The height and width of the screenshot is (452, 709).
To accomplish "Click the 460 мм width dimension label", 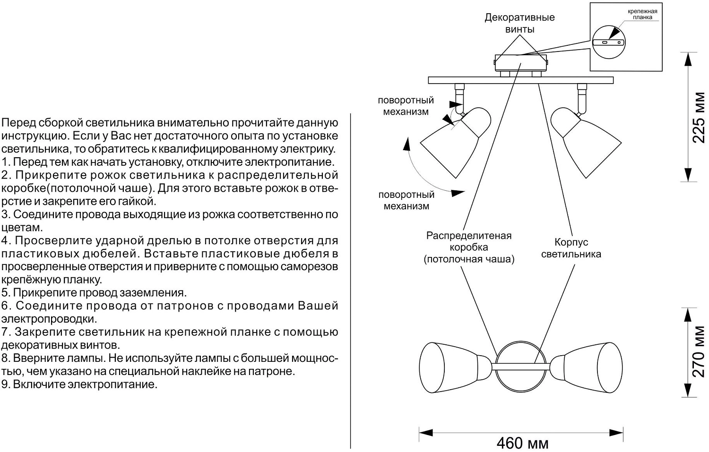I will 522,443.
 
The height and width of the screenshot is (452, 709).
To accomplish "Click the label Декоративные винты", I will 519,23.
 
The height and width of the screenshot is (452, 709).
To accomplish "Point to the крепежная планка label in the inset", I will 642,14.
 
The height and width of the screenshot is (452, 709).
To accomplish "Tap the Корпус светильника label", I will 571,248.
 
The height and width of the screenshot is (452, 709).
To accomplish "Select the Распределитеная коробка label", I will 469,247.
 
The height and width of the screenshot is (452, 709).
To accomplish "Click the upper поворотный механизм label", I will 406,106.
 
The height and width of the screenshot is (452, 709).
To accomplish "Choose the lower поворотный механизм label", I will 406,200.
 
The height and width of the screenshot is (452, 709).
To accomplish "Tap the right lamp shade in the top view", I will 591,366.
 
